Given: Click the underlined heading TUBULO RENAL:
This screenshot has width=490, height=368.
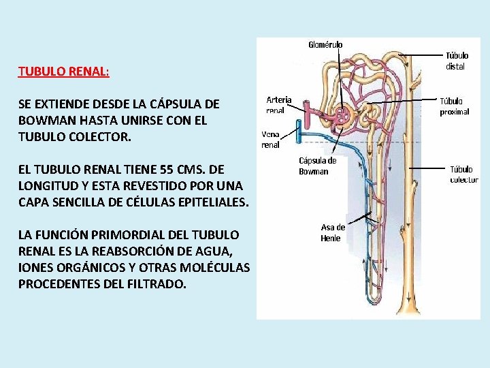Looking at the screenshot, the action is [64, 71].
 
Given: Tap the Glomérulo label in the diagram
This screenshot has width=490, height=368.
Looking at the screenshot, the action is [325, 45].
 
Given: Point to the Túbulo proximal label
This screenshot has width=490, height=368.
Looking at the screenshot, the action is [454, 106].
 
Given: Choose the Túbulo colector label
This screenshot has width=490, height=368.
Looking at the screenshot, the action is [464, 174].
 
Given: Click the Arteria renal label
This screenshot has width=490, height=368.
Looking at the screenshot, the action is [278, 104].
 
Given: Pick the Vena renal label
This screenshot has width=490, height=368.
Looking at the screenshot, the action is [271, 140].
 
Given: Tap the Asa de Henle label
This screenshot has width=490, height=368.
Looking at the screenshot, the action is [333, 232].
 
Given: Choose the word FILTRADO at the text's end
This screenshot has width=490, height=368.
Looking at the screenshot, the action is [157, 283].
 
